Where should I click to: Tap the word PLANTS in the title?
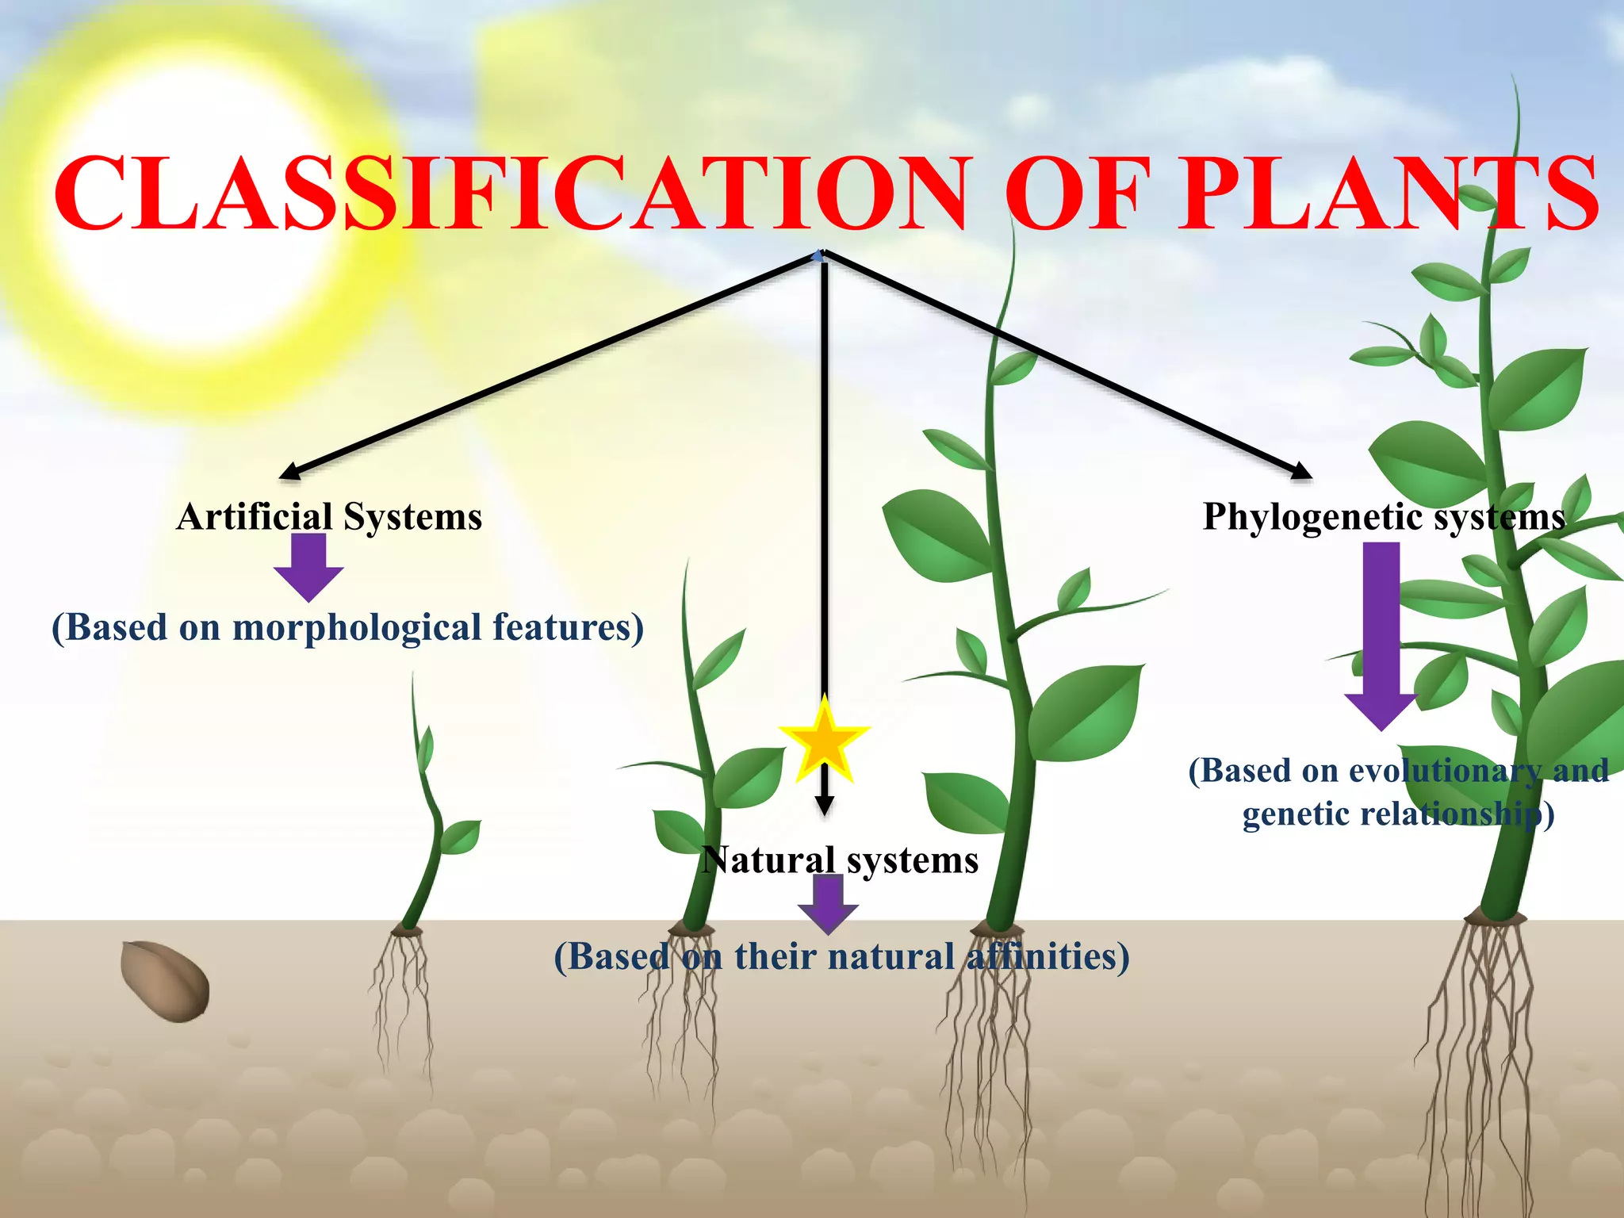(1388, 194)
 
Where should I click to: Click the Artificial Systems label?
(329, 517)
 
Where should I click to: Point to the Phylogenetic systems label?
(1384, 517)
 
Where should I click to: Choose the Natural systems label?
(841, 860)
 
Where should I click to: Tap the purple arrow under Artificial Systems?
(308, 566)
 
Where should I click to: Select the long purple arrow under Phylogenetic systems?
(1381, 634)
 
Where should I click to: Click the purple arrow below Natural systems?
(828, 905)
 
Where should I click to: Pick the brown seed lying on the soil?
(165, 981)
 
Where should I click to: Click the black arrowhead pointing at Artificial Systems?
(290, 472)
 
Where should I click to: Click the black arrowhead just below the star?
(825, 805)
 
